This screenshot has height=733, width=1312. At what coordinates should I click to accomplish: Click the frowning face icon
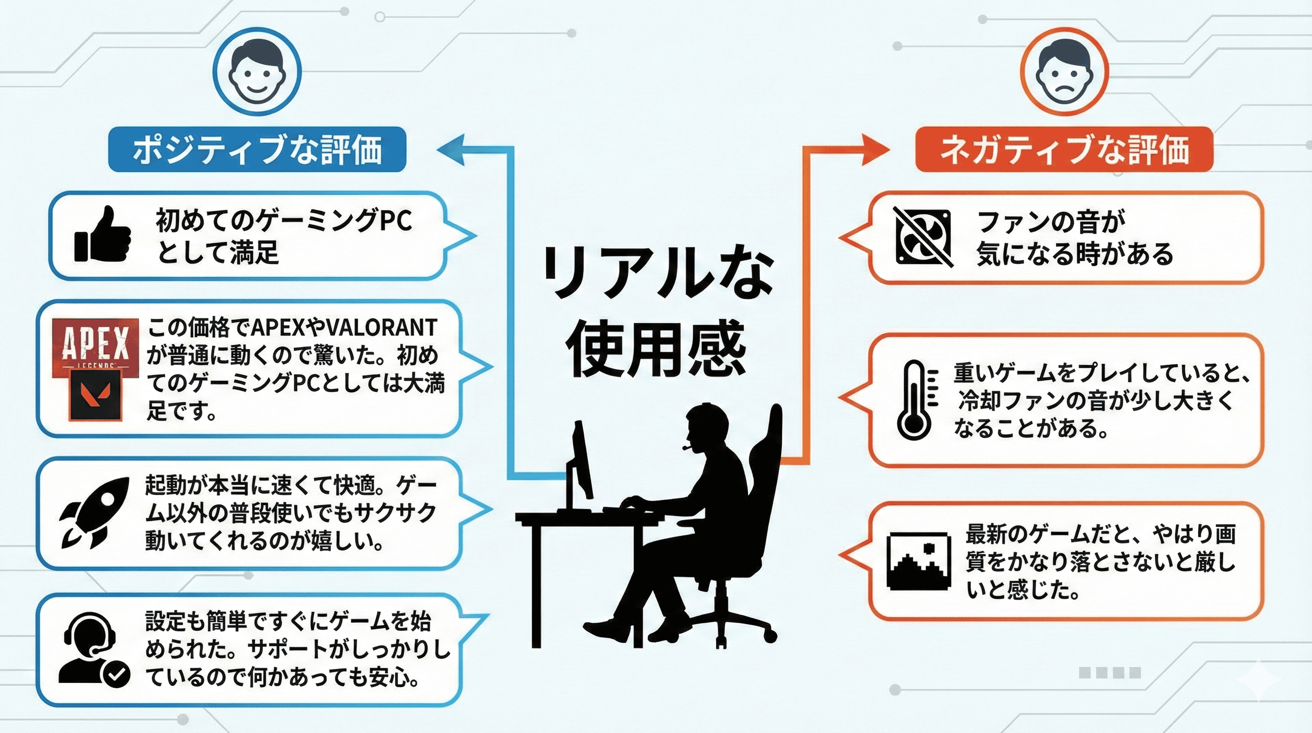point(1064,73)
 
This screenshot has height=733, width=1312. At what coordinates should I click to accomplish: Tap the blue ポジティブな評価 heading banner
point(257,149)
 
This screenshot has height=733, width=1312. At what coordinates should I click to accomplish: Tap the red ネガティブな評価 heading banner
point(1064,149)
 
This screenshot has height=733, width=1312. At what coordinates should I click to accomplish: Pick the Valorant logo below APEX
point(95,395)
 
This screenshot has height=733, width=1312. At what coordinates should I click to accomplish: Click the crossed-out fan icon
point(923,237)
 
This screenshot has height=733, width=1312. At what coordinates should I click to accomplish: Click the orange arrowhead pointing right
point(874,149)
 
